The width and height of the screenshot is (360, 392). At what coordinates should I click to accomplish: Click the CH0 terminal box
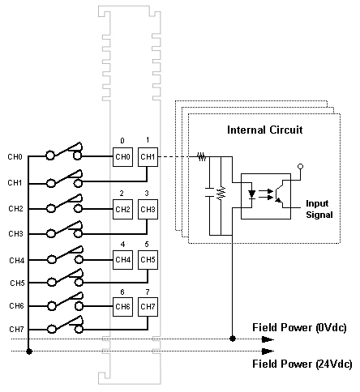click(122, 157)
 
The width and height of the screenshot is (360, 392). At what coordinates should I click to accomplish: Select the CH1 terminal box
click(148, 157)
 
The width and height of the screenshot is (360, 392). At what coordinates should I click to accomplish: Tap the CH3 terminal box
click(148, 209)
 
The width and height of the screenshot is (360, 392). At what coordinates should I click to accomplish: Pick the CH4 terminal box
click(122, 260)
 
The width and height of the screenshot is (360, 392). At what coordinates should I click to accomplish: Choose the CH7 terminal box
click(148, 307)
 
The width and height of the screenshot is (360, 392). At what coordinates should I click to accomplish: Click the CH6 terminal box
click(122, 307)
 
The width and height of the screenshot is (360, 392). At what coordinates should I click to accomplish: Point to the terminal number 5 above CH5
click(147, 244)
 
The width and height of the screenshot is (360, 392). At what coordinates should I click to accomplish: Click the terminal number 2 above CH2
click(122, 193)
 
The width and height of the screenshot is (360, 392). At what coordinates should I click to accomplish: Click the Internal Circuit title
click(264, 130)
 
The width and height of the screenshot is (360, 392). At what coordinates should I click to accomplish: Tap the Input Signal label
click(319, 209)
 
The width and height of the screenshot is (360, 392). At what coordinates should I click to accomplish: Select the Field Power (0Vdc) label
click(299, 327)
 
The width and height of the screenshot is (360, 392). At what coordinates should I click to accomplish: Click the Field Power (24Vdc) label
click(302, 364)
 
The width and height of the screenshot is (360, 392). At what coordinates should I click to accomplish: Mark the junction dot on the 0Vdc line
click(232, 339)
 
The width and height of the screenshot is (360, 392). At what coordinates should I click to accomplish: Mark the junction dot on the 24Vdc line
click(29, 352)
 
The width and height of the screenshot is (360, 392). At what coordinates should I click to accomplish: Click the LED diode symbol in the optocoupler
click(252, 194)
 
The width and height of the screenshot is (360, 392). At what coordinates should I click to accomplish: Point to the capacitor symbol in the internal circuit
click(209, 192)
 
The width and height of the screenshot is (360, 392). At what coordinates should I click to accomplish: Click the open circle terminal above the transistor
click(300, 166)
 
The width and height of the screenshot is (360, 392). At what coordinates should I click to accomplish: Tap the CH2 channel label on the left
click(15, 209)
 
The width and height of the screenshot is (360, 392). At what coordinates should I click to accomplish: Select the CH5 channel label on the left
click(17, 283)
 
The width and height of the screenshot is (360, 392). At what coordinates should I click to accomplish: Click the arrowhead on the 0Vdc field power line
click(268, 339)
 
